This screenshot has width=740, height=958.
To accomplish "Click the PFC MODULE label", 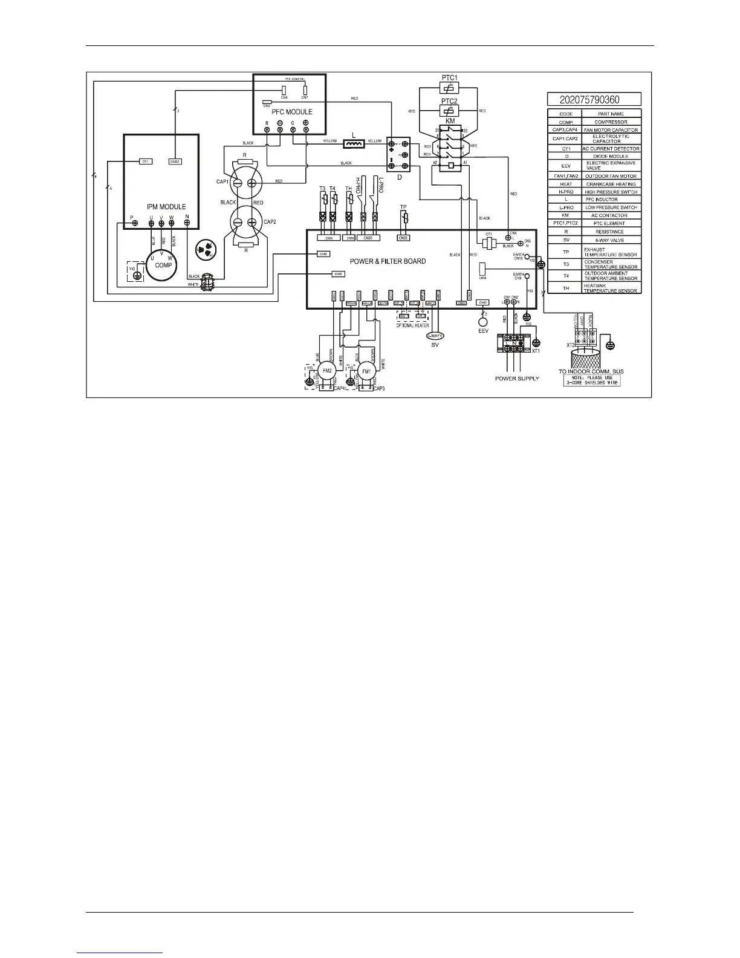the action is point(291,112).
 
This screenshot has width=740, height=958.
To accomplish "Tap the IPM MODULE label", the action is point(166,207).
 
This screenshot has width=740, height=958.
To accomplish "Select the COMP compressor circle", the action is point(161,265).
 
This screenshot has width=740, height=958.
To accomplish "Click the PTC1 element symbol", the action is point(448,88).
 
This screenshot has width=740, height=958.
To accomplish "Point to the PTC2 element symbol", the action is point(448,111).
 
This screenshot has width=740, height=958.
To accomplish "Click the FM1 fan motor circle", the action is point(366,371).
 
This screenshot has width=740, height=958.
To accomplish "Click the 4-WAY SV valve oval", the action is point(435,336).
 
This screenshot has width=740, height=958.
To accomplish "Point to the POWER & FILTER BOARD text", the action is point(388,261).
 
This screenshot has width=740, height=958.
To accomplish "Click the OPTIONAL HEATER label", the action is point(412,325).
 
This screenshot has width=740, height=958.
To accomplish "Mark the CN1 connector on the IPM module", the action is point(146,161).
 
